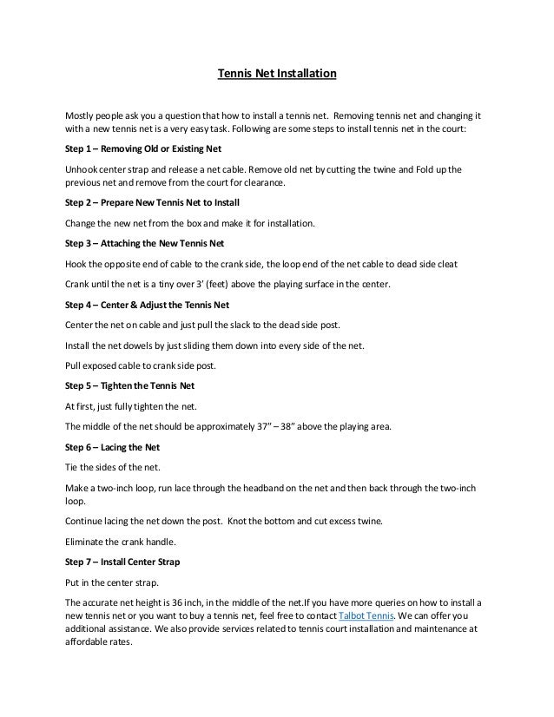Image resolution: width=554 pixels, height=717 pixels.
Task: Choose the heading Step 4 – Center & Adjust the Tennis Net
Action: coord(150,305)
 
